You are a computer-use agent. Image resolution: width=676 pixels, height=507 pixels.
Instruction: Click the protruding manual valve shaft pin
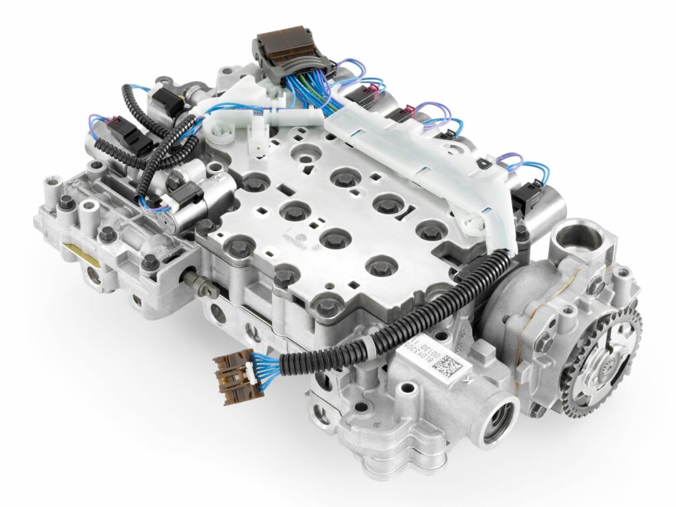[x=199, y=285]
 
